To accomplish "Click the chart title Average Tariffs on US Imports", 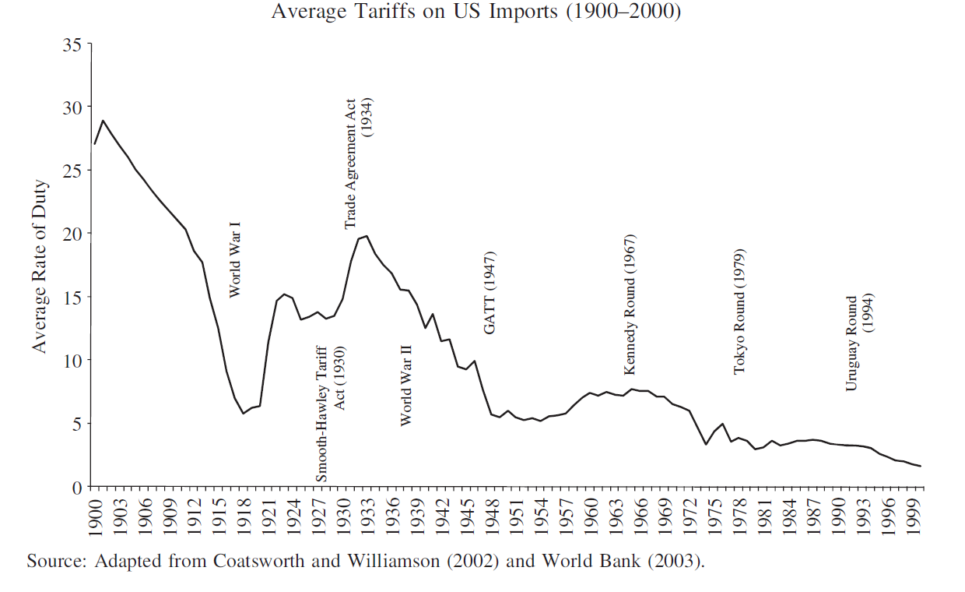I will [475, 13].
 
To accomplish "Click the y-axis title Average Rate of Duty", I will [40, 266].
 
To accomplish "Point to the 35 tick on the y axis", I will [72, 44].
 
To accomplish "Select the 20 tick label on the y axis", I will [72, 234].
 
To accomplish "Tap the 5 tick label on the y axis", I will [78, 425].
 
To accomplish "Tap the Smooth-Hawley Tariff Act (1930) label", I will [330, 413].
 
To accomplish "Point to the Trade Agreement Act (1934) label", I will [359, 164].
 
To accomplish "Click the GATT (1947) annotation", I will [490, 293].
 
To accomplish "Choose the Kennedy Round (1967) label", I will [630, 304].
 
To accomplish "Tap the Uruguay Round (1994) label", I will [859, 343].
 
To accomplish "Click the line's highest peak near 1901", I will [104, 121].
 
